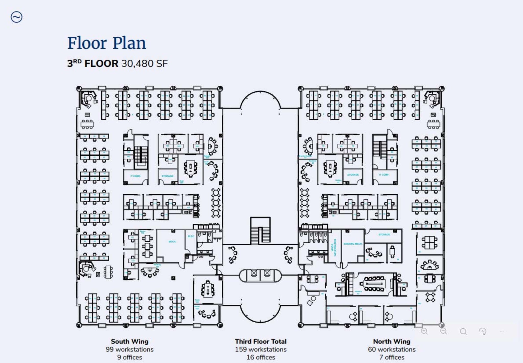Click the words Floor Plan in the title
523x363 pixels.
[106, 43]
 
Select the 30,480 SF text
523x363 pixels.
[145, 64]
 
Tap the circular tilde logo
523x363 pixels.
[17, 17]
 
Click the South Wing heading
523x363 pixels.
[129, 341]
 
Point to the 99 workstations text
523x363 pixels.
[129, 349]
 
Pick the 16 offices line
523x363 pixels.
[260, 357]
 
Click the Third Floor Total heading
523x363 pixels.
[260, 341]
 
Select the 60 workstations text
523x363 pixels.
[391, 349]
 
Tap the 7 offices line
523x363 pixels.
[391, 357]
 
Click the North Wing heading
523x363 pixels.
[391, 341]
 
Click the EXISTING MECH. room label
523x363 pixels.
[353, 244]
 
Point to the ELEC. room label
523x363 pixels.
[191, 236]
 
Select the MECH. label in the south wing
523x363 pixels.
[172, 242]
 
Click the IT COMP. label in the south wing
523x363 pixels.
[135, 176]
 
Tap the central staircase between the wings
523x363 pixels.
[260, 231]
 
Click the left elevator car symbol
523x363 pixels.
[254, 273]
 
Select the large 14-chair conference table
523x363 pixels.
[374, 284]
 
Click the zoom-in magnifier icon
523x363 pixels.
[424, 331]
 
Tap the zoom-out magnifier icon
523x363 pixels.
[444, 331]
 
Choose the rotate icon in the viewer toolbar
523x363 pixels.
[482, 332]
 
